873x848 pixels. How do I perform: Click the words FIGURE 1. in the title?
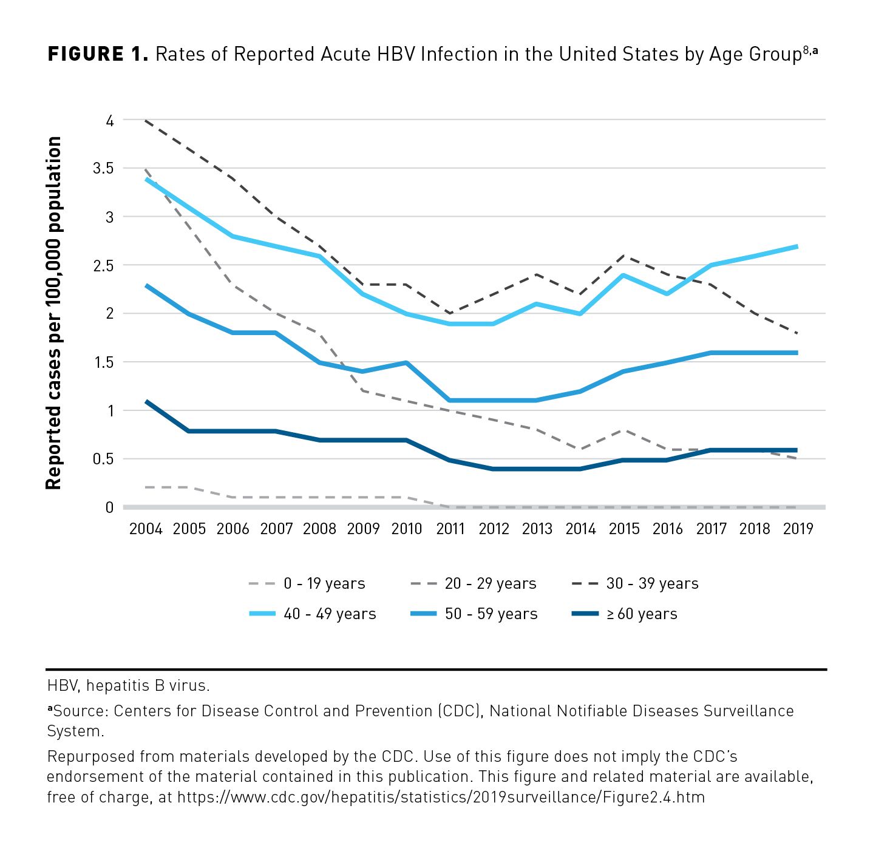(x=98, y=55)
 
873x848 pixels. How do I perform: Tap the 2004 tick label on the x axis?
(x=146, y=529)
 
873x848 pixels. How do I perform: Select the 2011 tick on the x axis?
(x=450, y=529)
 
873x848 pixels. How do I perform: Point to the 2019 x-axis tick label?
(x=798, y=529)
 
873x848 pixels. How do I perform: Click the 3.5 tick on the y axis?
(x=103, y=168)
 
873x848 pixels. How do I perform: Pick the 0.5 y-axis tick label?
(x=103, y=459)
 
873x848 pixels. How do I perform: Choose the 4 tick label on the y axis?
(x=109, y=121)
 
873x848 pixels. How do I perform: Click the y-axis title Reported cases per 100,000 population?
(x=54, y=313)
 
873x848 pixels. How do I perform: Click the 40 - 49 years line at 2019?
(x=797, y=246)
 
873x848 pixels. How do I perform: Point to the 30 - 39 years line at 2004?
(x=146, y=121)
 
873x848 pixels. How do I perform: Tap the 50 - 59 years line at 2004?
(x=146, y=285)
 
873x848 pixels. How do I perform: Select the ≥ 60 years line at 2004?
(x=146, y=401)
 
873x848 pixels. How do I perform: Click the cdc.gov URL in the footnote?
(x=441, y=797)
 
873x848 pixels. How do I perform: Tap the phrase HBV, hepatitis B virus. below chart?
(x=129, y=686)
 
